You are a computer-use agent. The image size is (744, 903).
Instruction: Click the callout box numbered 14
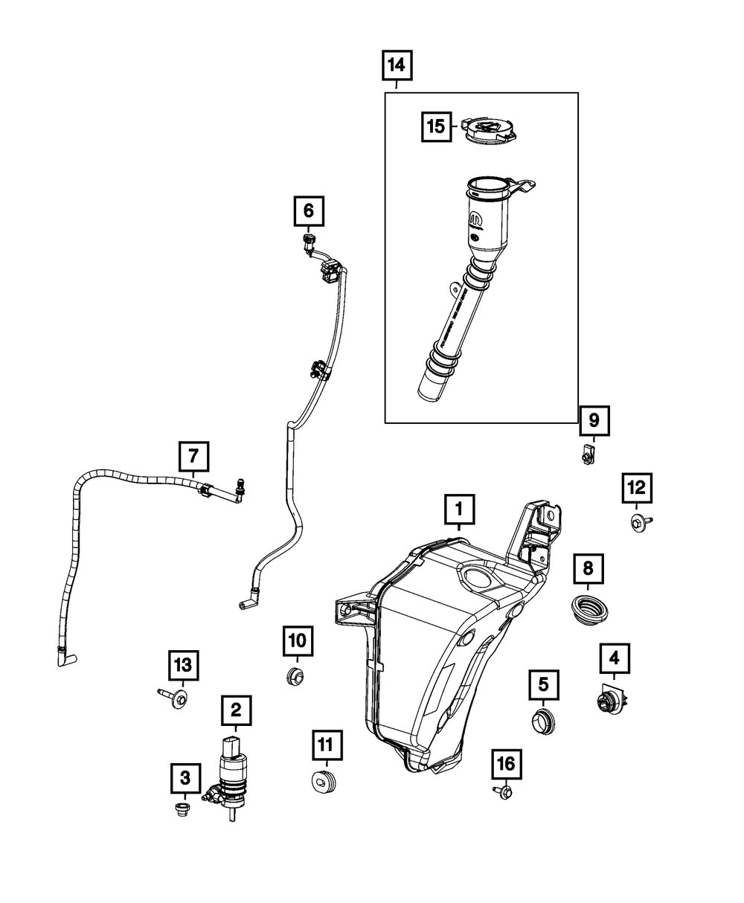coord(397,66)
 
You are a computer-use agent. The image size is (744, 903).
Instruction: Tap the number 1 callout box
coord(459,510)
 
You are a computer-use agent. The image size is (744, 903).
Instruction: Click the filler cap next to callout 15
coord(490,132)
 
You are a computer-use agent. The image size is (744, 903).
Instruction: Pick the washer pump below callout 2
coord(233,774)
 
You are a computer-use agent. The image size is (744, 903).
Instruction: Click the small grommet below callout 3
coord(181,808)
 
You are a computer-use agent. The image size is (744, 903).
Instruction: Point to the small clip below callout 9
coord(588,453)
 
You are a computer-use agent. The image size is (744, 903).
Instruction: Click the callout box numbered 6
coord(308,211)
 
